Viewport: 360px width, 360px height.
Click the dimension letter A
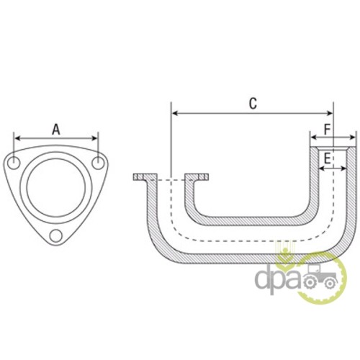(56, 130)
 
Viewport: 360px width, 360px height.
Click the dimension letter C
(253, 104)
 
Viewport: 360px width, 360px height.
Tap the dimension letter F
(328, 130)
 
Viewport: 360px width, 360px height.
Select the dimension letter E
(328, 158)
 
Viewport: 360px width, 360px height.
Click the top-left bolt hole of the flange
(14, 163)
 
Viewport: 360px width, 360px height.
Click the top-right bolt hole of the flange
(98, 163)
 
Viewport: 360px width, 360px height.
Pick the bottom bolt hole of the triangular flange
(56, 235)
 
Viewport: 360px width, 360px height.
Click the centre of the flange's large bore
(56, 187)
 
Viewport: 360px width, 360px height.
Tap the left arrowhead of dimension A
(17, 138)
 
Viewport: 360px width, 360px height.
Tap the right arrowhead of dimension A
(94, 138)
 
